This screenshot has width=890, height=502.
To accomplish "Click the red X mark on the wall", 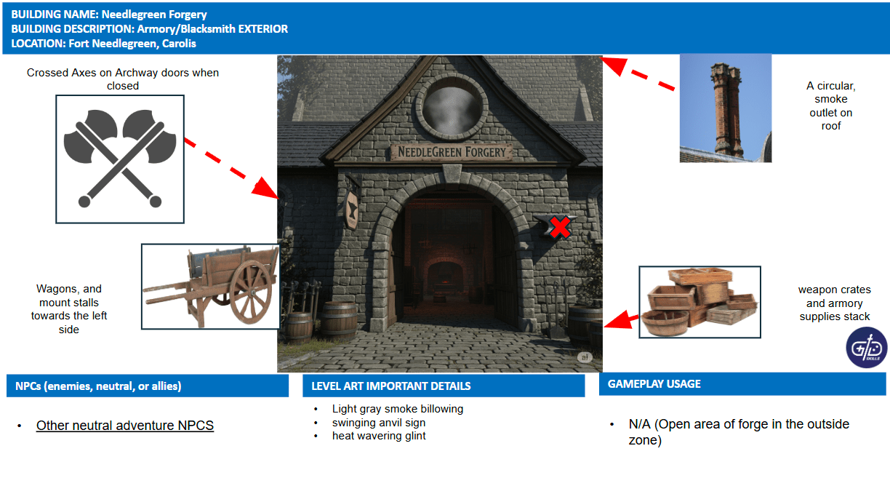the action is [x=560, y=227].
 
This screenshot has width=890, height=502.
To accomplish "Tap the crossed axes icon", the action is [x=119, y=159].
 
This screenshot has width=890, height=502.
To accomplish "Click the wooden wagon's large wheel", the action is [x=251, y=292].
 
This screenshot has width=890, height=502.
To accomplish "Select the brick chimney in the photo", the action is [x=727, y=109].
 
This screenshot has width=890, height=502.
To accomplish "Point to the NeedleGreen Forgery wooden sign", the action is [x=452, y=152].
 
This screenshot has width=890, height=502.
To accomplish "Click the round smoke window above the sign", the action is [x=452, y=107].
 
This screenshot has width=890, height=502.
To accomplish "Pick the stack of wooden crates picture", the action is [x=699, y=302].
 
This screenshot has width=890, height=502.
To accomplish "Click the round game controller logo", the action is [x=867, y=347].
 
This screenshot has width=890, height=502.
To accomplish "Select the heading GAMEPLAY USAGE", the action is [x=654, y=384].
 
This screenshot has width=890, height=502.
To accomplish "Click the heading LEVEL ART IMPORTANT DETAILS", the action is [x=391, y=386].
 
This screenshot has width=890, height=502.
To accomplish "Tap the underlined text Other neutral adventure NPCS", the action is [x=125, y=426].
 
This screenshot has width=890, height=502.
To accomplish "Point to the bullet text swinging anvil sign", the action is [x=379, y=423].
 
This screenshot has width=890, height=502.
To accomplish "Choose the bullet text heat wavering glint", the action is [x=379, y=436].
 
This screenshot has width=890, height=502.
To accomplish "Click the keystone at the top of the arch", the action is [x=452, y=174].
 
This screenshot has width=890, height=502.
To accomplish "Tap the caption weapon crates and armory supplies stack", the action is [x=835, y=303].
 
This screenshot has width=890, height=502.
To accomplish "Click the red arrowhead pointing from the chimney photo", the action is [x=614, y=65].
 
